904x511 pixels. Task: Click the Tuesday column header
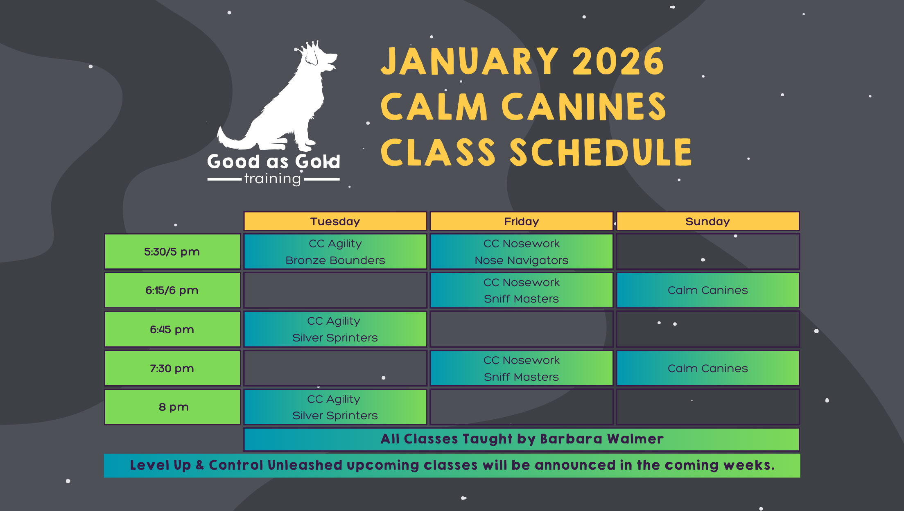pyautogui.click(x=335, y=222)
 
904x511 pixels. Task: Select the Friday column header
pyautogui.click(x=521, y=222)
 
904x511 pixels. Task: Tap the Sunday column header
pyautogui.click(x=707, y=222)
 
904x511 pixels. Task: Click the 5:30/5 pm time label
pyautogui.click(x=172, y=251)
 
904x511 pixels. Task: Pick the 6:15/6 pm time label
pyautogui.click(x=172, y=290)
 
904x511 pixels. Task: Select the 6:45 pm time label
pyautogui.click(x=172, y=329)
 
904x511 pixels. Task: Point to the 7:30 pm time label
pyautogui.click(x=172, y=368)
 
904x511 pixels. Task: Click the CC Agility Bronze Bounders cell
pyautogui.click(x=335, y=251)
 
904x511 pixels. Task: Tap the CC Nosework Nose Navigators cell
pyautogui.click(x=521, y=251)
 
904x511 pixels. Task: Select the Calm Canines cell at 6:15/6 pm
pyautogui.click(x=707, y=290)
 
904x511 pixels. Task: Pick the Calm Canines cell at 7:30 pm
pyautogui.click(x=707, y=368)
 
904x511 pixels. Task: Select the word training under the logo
pyautogui.click(x=273, y=179)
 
